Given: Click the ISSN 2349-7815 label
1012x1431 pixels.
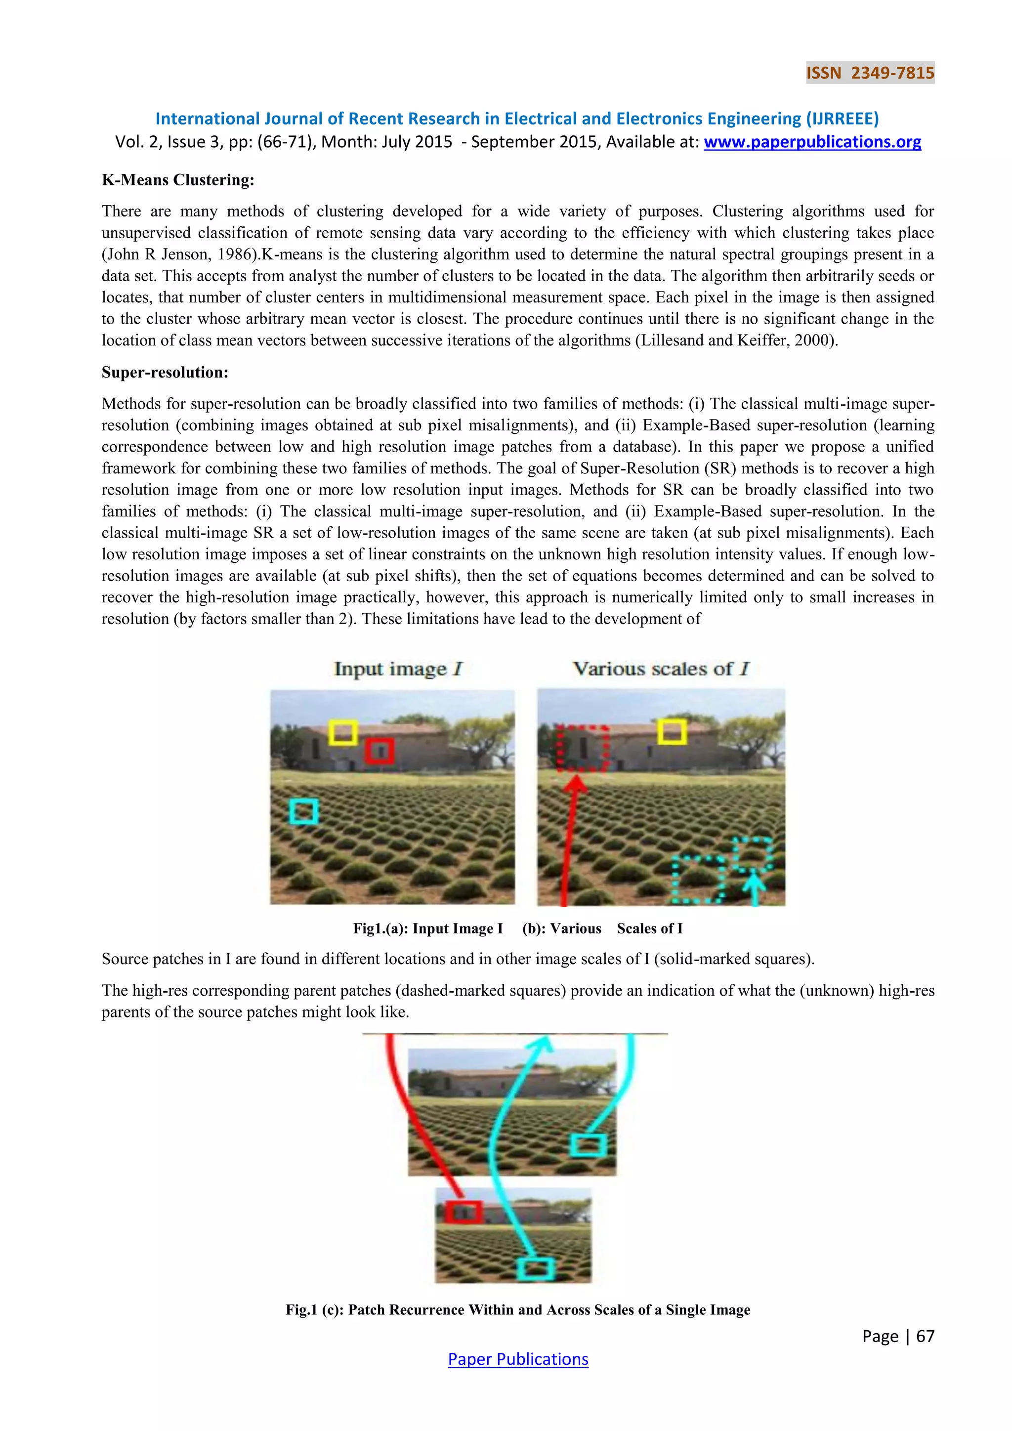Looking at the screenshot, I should (870, 73).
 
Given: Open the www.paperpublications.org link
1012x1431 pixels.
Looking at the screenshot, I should (812, 142).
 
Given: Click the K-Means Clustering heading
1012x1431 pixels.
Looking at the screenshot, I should (178, 180).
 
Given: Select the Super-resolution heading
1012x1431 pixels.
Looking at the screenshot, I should (165, 373).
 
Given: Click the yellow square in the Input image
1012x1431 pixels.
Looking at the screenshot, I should (343, 732).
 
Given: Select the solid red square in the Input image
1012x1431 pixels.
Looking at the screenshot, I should (379, 751).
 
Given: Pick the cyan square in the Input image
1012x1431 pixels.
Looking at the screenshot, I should (304, 811).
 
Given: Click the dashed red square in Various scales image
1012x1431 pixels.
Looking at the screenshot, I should (582, 748).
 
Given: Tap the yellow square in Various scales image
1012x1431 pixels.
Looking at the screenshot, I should (672, 732).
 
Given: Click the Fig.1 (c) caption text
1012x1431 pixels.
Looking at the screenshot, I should (518, 1310).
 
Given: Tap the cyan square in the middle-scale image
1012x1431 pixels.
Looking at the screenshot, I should (588, 1145).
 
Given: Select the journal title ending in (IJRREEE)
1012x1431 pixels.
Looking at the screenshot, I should (516, 119).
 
